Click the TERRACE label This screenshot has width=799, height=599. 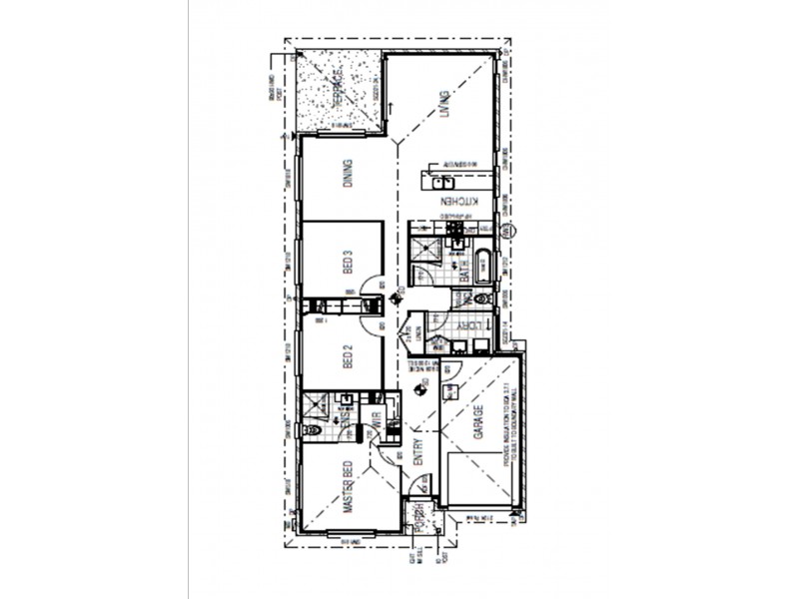tap(340, 92)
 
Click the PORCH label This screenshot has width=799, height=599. tap(421, 520)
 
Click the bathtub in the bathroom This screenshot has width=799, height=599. tap(484, 267)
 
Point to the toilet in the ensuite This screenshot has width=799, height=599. tap(311, 431)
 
